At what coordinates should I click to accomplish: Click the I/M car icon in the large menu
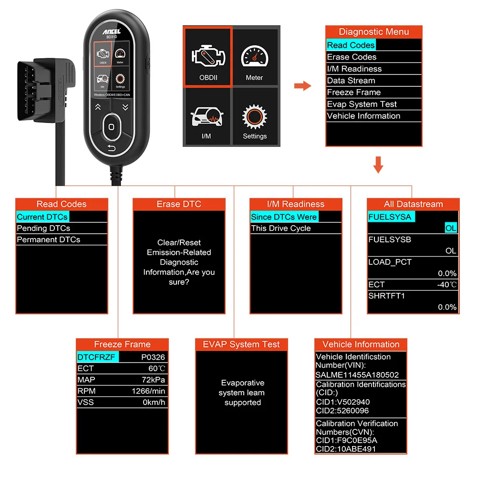206,117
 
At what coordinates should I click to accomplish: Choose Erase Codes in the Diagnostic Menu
352,57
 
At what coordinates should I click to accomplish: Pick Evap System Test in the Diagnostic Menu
362,104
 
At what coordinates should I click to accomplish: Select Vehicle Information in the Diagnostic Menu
363,116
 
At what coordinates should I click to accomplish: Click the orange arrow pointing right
302,86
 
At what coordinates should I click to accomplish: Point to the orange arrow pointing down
378,164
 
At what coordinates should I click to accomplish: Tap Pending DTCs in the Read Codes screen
43,228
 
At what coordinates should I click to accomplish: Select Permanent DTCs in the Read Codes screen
48,239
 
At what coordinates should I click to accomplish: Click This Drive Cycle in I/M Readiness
280,228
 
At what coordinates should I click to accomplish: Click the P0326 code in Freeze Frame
153,357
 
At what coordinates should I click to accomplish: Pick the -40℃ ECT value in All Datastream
446,285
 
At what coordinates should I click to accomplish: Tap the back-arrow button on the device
111,148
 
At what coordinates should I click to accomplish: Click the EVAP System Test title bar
241,344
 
